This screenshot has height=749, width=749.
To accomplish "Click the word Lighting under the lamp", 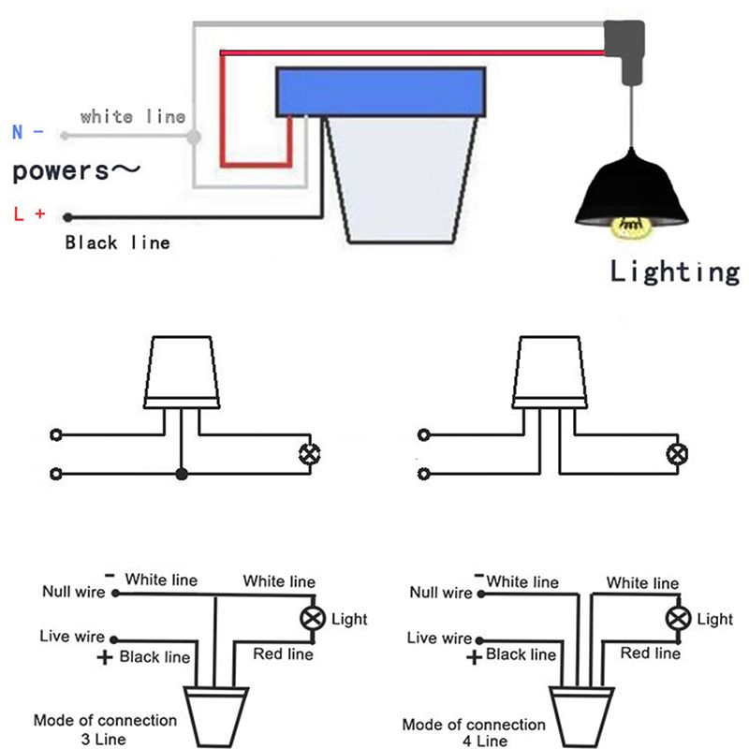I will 674,272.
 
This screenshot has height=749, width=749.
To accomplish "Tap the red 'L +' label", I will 29,213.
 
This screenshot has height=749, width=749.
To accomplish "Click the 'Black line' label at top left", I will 117,243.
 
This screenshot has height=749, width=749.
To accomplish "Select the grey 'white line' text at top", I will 132,117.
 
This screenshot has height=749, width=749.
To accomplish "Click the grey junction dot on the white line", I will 194,137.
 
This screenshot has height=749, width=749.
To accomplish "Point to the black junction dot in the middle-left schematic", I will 182,475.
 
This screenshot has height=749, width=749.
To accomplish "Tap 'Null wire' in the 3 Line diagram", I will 74,592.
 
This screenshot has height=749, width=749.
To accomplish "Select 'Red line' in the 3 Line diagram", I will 283,654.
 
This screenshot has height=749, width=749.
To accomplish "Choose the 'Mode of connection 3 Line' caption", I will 105,729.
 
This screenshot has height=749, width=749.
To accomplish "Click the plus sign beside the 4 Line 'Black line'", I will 474,657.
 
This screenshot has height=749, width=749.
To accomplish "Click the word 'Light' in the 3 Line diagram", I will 349,619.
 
